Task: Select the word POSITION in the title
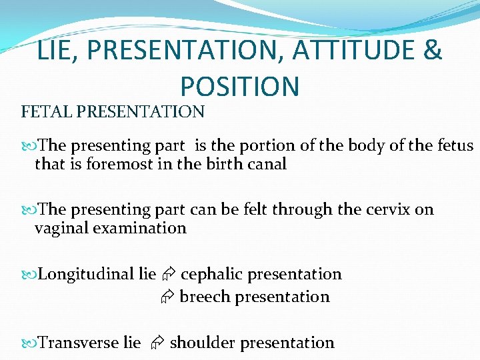click(x=240, y=86)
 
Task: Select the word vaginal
click(x=63, y=228)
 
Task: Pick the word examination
click(x=141, y=228)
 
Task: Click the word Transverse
click(x=79, y=343)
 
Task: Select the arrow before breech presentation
click(x=167, y=297)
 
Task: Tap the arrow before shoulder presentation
click(x=156, y=343)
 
